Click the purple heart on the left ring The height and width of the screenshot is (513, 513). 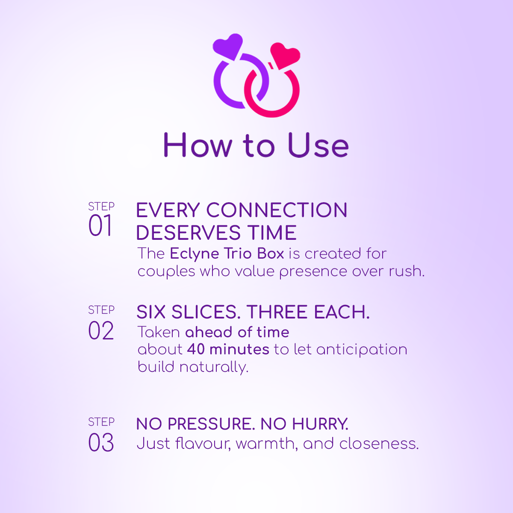click(x=228, y=46)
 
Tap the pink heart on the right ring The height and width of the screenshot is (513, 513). click(x=285, y=56)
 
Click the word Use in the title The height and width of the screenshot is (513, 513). click(x=318, y=145)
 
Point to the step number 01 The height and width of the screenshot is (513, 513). click(x=100, y=225)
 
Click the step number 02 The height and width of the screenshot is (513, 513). click(x=101, y=330)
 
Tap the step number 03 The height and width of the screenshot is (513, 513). click(x=101, y=442)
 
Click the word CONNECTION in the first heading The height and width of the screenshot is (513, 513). click(x=277, y=210)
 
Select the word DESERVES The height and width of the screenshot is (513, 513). click(x=189, y=233)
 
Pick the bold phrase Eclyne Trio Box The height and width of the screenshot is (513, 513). click(x=227, y=254)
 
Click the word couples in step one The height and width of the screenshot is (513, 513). click(x=166, y=272)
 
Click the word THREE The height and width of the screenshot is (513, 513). click(x=277, y=312)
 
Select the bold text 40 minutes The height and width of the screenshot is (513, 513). click(x=228, y=349)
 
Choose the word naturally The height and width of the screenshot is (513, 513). click(x=214, y=367)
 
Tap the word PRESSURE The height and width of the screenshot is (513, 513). click(x=211, y=424)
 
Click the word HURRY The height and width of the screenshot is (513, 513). click(x=320, y=424)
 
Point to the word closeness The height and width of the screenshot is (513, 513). click(x=379, y=444)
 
